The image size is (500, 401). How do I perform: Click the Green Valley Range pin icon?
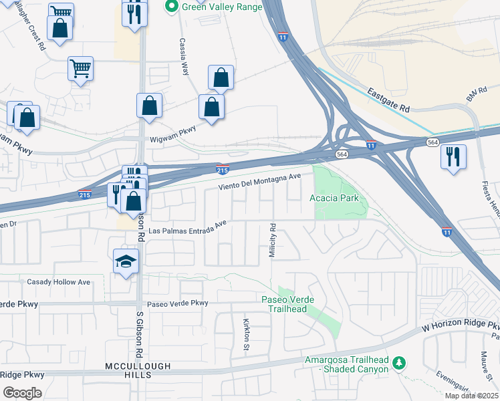coord(171,7)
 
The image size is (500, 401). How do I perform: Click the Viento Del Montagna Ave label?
coord(257,182)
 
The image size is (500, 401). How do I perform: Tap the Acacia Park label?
coord(334,198)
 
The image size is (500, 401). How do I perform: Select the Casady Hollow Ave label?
coord(58,282)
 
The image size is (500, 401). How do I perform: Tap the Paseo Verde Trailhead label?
coord(288,303)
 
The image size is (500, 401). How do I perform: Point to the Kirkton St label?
coord(245,333)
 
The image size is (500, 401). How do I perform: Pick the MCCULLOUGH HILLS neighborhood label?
coord(138,366)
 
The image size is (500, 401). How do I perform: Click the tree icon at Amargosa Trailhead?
coord(399,363)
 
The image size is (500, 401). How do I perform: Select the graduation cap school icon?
coord(126,261)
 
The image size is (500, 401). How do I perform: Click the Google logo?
coord(21,392)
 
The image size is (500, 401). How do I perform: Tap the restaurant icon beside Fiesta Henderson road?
coord(453,157)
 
